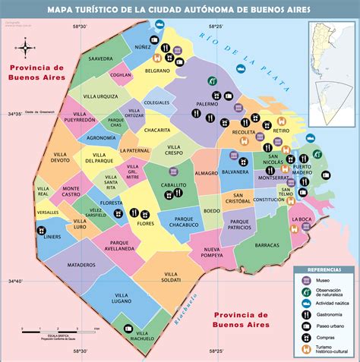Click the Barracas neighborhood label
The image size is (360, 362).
coord(267,245)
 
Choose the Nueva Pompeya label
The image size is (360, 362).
coord(216,253)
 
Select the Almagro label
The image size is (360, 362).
coord(207,173)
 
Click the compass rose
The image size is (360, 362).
coord(25,49)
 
